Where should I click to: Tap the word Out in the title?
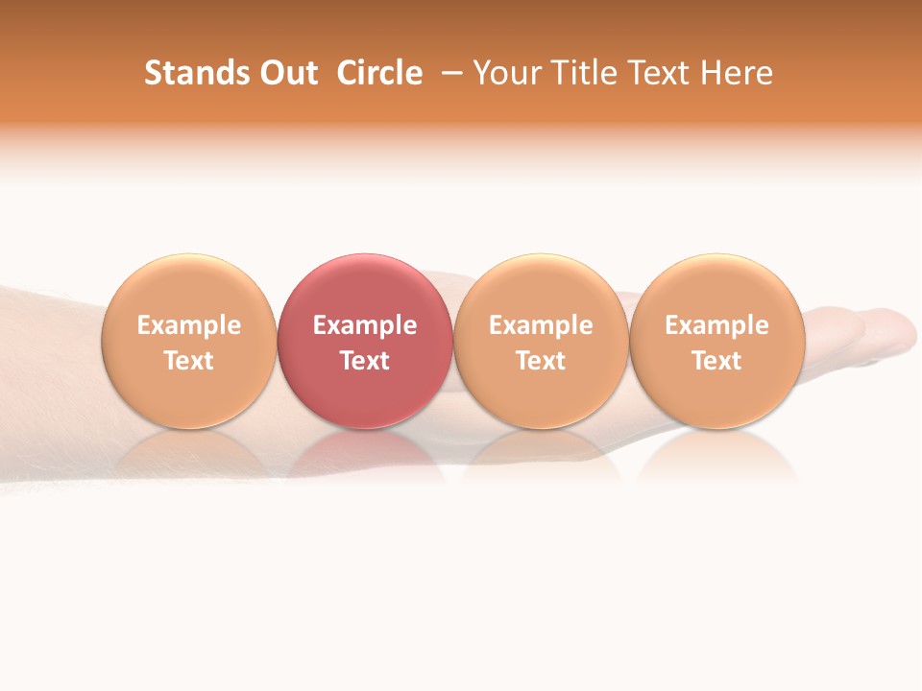285,73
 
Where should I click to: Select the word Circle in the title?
379,73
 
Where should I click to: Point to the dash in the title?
452,74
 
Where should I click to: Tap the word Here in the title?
737,73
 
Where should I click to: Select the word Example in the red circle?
365,325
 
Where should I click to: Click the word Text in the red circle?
365,361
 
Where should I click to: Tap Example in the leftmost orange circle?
189,325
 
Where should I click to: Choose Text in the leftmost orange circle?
189,361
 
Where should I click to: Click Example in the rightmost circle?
716,325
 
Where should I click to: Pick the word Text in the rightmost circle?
716,361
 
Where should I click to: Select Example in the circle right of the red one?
541,325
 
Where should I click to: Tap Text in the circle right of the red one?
541,361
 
